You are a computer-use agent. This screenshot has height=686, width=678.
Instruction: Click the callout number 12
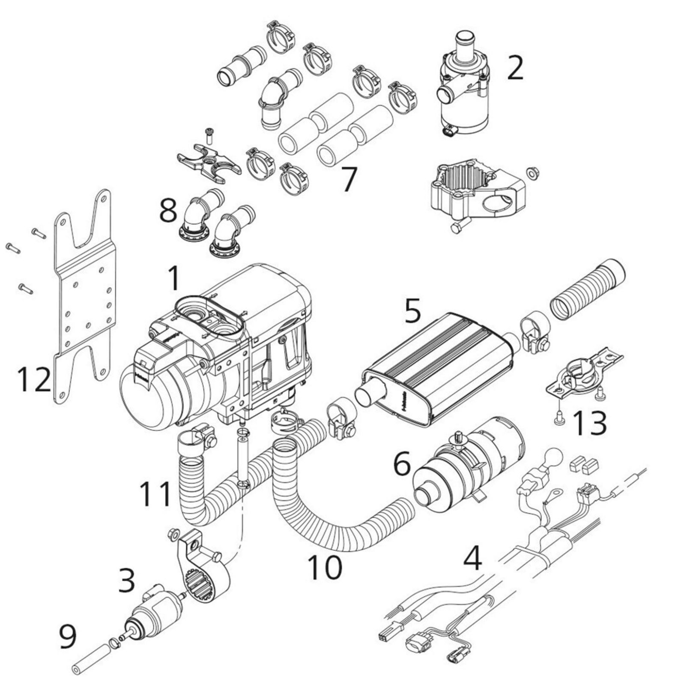pyautogui.click(x=34, y=379)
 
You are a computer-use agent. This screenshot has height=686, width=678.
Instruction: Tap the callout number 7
pyautogui.click(x=348, y=179)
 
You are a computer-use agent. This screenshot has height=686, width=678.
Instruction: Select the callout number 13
pyautogui.click(x=589, y=423)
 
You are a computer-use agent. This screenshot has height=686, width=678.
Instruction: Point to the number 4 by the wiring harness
pyautogui.click(x=472, y=557)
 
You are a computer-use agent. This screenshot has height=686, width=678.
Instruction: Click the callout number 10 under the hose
pyautogui.click(x=325, y=567)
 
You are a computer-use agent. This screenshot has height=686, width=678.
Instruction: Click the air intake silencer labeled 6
pyautogui.click(x=467, y=472)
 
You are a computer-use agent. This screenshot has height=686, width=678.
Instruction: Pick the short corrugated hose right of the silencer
pyautogui.click(x=587, y=292)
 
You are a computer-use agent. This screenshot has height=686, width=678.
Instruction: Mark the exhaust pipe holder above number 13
pyautogui.click(x=582, y=371)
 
